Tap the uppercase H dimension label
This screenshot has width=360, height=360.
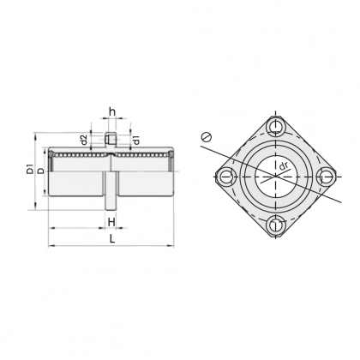[112, 221]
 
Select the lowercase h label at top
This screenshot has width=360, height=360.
[112, 111]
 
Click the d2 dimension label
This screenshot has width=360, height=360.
[83, 139]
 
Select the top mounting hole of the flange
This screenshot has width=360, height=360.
[274, 128]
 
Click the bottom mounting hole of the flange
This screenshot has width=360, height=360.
[274, 225]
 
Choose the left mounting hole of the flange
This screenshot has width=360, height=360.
[225, 177]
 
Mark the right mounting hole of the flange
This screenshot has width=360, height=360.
[323, 177]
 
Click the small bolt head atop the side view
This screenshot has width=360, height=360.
[111, 138]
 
